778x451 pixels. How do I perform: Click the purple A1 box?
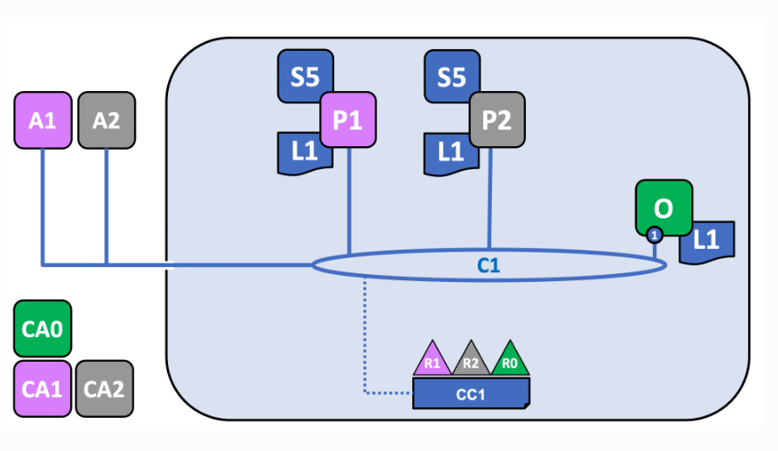pos(43,120)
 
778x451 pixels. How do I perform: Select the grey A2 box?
pos(107,120)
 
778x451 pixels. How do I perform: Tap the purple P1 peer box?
pos(347,120)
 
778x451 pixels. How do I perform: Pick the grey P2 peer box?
pos(497,120)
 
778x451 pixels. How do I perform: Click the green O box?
pos(664,208)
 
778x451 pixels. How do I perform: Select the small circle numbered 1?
pos(655,235)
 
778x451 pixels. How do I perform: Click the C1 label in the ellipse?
pos(488,265)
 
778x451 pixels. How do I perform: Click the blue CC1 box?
pos(471,393)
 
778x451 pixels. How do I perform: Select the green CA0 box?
pos(43,328)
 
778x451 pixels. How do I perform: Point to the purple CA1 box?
pos(43,389)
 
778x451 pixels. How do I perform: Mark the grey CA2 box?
pos(104,389)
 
